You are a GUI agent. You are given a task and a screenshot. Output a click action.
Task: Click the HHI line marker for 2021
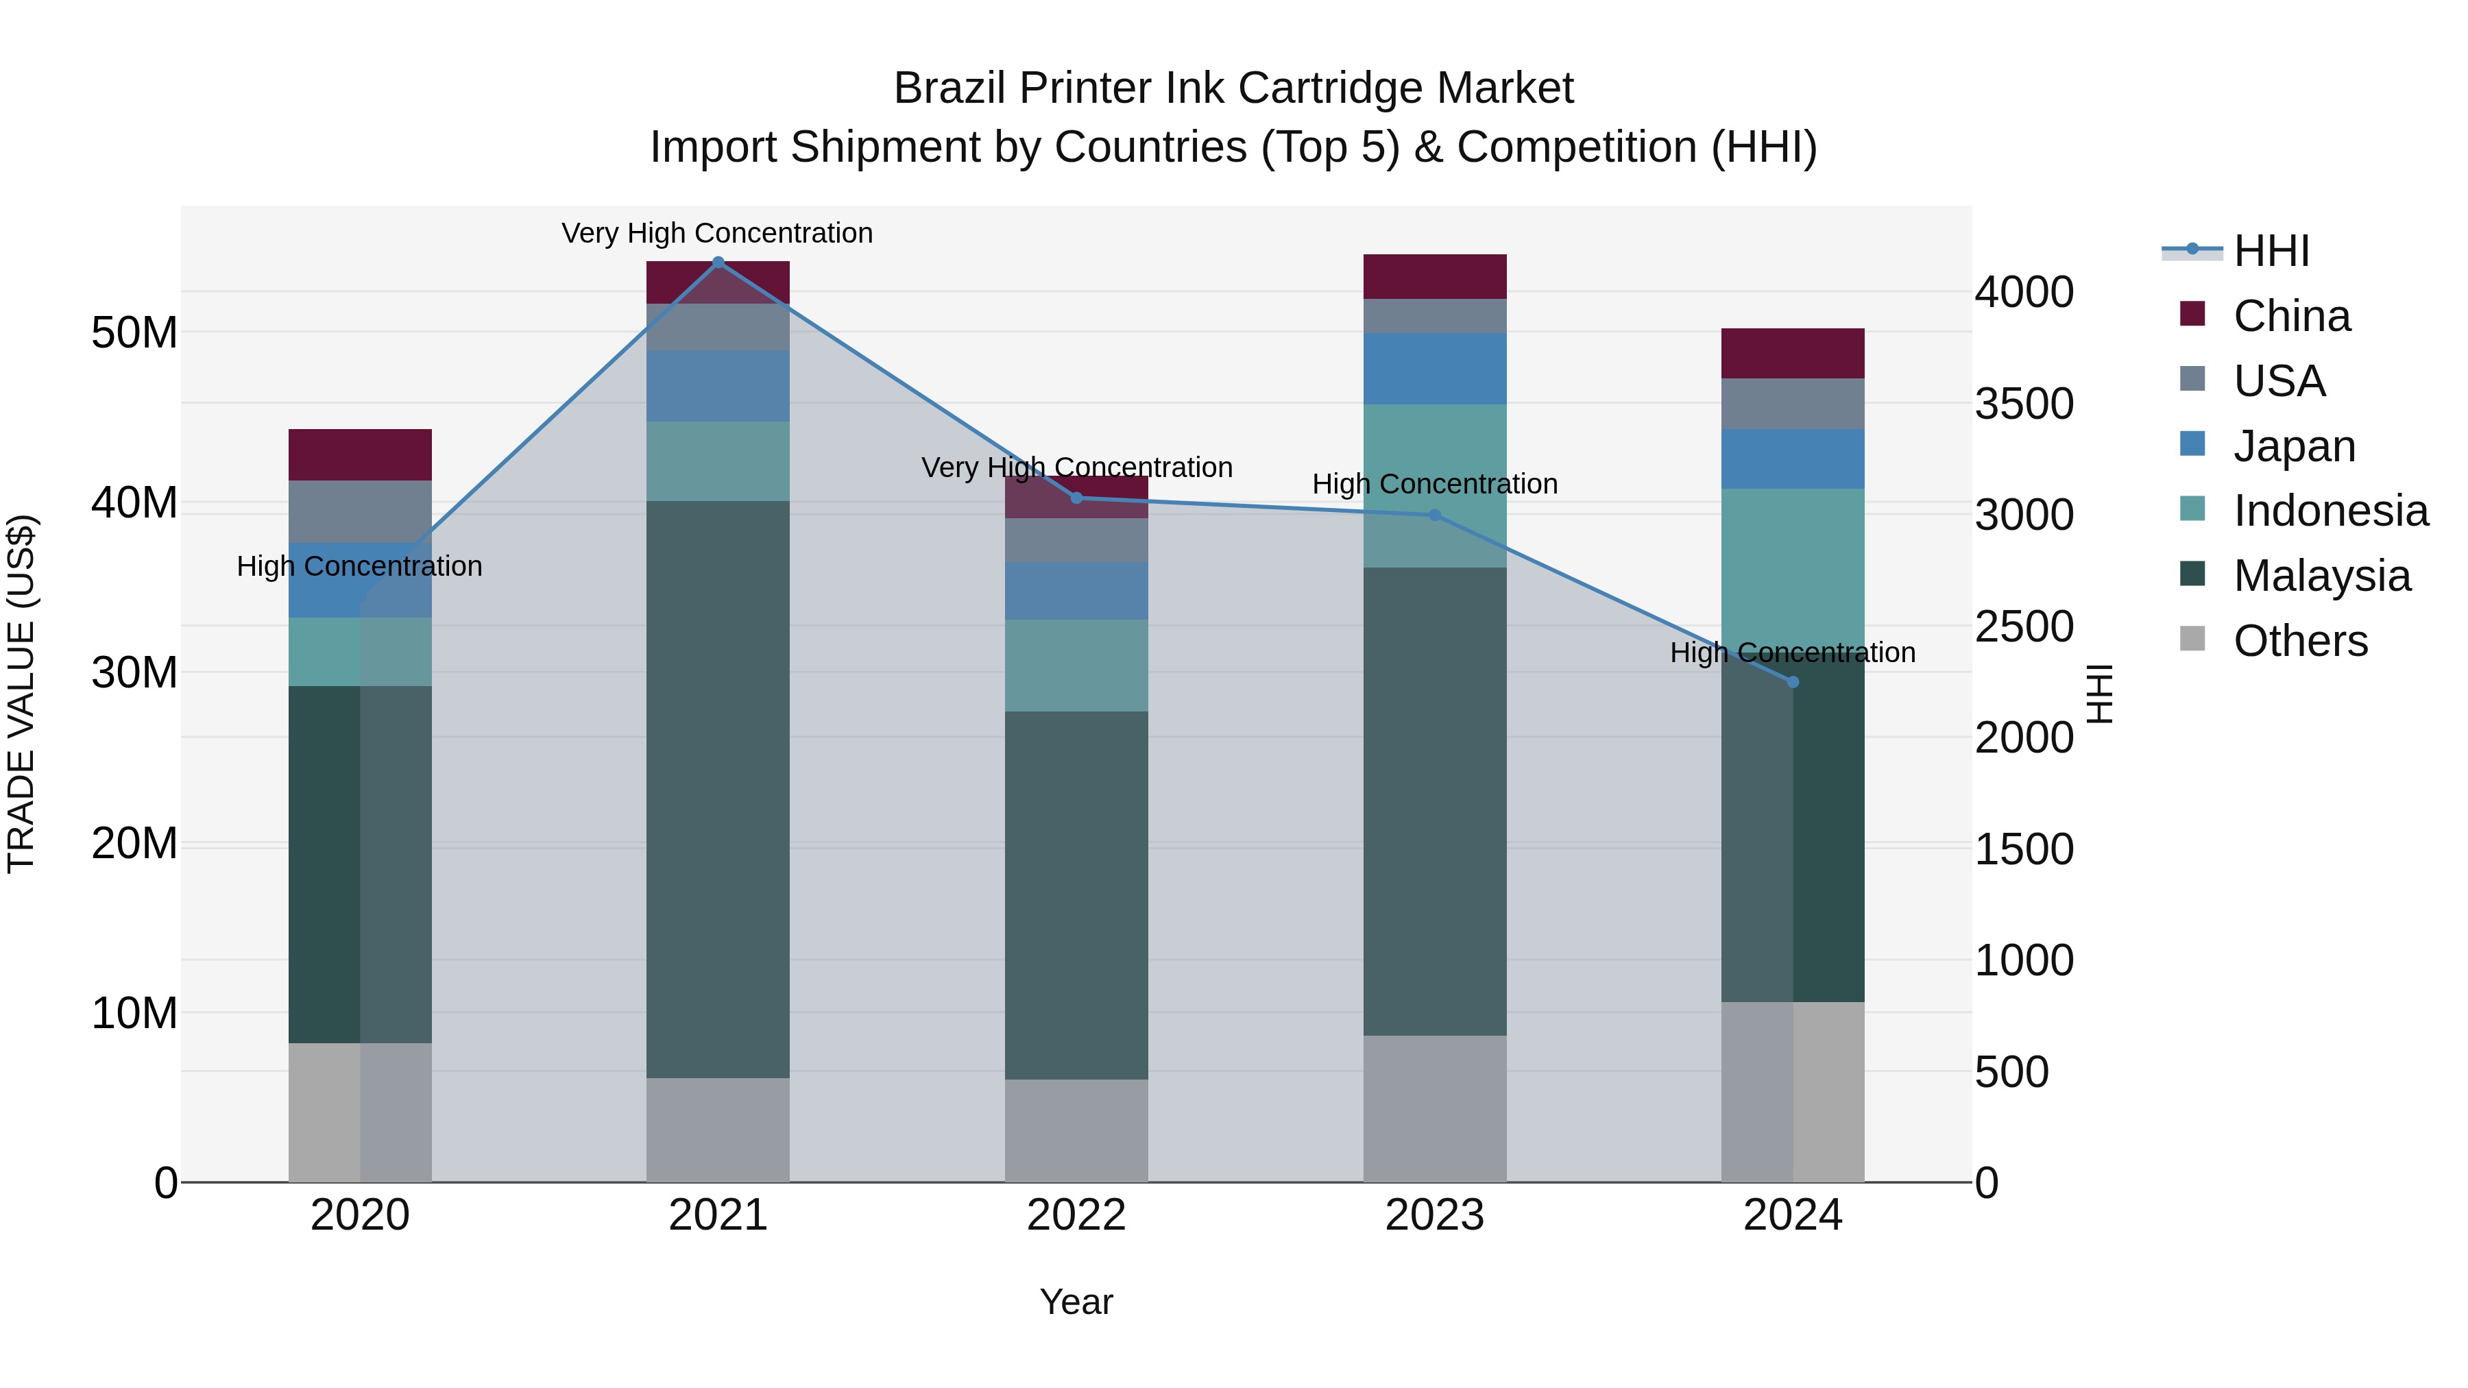pos(718,262)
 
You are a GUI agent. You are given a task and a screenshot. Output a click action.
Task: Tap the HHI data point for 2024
pos(1793,682)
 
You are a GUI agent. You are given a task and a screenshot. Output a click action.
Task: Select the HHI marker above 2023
pos(1434,515)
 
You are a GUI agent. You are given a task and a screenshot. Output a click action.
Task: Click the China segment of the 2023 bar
pos(1434,277)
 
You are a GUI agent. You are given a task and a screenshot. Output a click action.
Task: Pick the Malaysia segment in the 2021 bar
pos(718,790)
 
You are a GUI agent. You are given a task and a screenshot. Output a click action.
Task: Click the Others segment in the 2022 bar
pos(1076,1130)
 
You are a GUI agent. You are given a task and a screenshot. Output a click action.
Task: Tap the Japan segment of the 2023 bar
pos(1434,369)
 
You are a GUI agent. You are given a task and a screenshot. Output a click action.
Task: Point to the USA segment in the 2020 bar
pos(360,511)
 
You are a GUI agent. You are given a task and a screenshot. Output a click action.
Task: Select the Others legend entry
pos(2299,641)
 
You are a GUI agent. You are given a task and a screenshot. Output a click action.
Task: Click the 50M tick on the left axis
pos(134,333)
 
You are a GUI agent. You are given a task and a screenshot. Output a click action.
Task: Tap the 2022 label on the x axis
pos(1076,1215)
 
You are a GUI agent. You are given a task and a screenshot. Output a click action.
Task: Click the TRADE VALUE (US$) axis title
pos(21,694)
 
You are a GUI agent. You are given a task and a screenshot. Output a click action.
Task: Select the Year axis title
pos(1076,1302)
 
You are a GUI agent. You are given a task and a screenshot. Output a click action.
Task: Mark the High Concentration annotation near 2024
pos(1793,653)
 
